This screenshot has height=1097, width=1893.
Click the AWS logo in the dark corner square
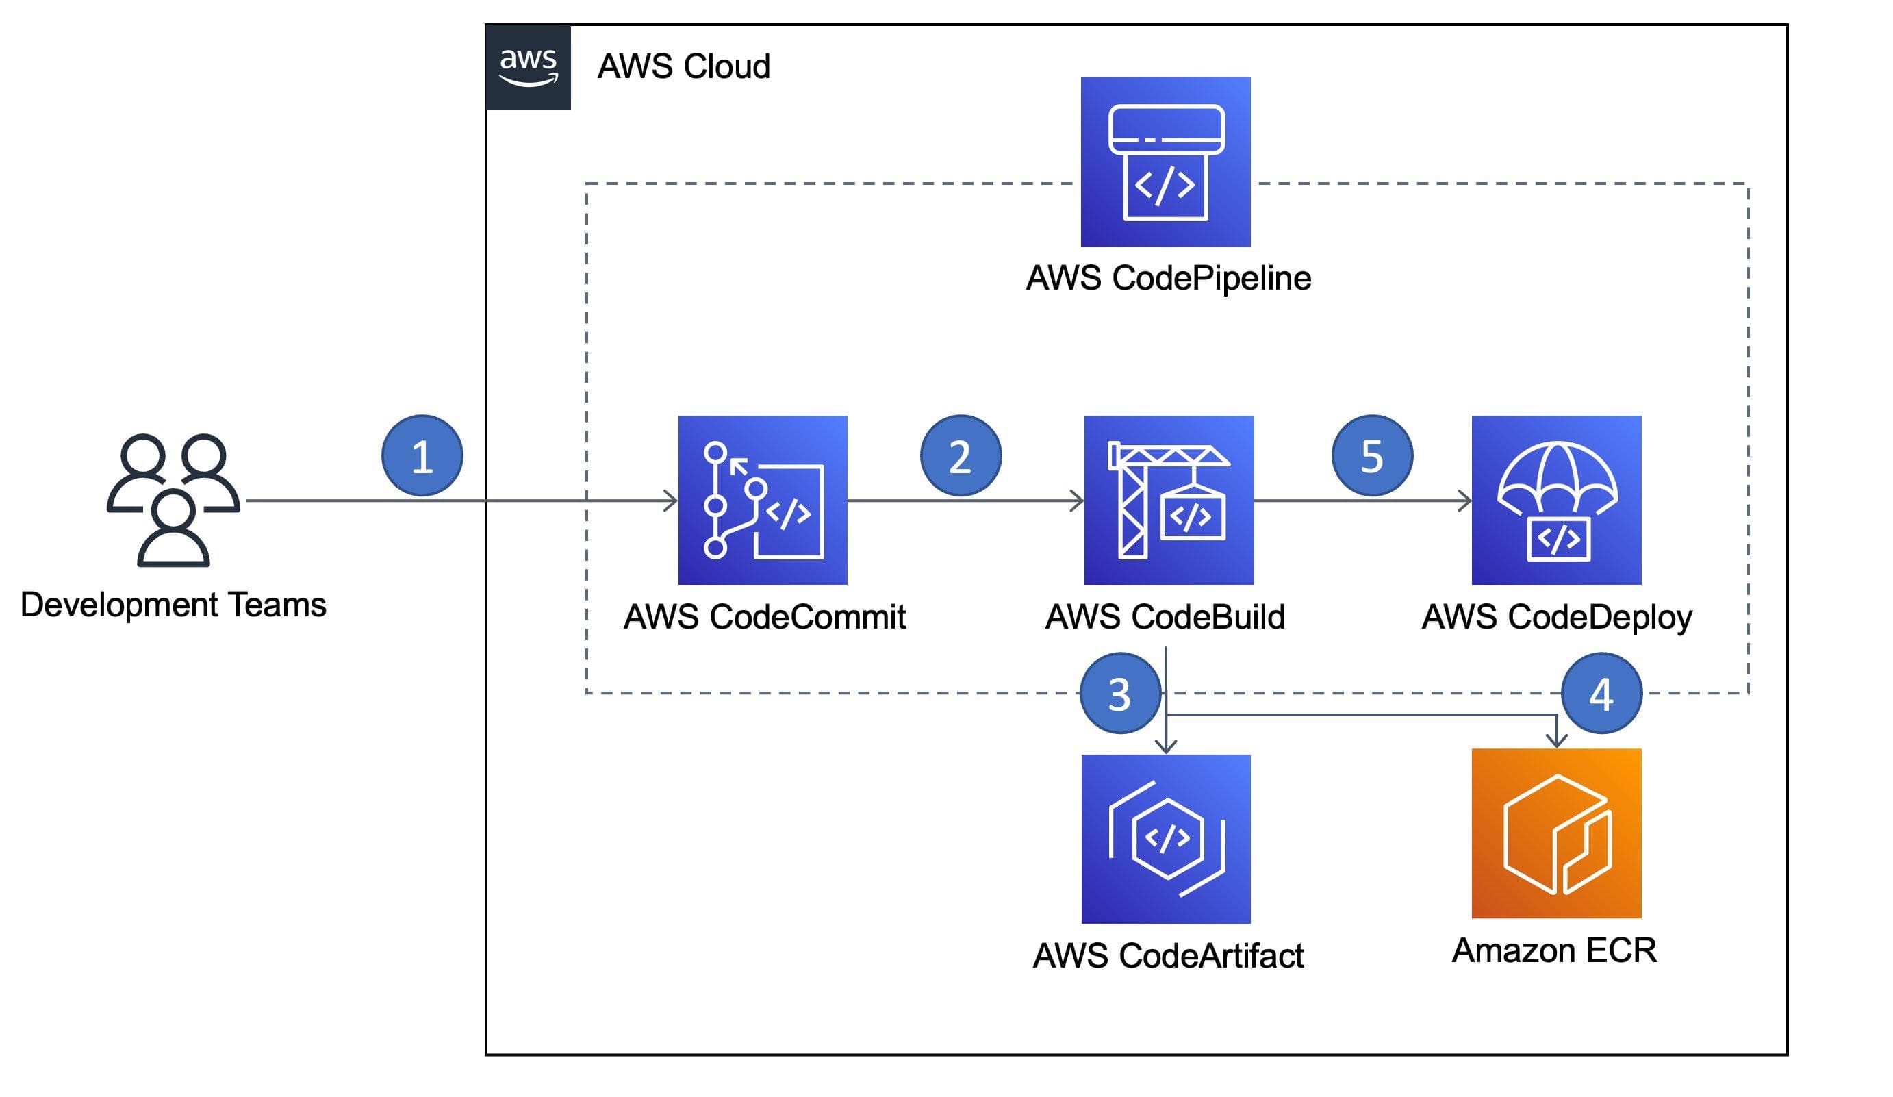528,67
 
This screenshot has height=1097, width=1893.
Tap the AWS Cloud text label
683,67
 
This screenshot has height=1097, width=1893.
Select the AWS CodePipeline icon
1165,162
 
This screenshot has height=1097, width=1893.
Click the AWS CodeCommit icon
763,501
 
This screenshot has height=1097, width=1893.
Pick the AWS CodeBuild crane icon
1169,501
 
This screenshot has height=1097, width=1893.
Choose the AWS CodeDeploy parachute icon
1556,501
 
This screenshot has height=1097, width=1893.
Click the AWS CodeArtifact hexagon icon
1166,840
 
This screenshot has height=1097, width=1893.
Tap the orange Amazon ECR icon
1556,834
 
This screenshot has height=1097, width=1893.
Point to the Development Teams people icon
173,500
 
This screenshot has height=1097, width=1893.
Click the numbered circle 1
422,456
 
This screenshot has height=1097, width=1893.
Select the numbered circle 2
961,456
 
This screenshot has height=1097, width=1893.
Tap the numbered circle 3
1120,694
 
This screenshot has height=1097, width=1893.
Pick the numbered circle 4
1601,694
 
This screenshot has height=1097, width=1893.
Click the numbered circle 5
1373,456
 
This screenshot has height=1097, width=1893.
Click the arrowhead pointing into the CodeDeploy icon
1466,501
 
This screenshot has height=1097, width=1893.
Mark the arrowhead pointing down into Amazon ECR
1556,741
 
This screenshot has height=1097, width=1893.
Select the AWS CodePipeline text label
1169,279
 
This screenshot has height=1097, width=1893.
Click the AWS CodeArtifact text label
1168,957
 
